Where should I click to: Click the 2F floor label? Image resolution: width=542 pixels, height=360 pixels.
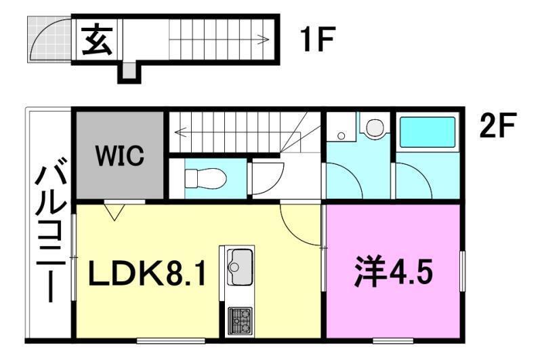pyautogui.click(x=499, y=126)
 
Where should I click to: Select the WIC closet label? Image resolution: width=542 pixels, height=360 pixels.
pyautogui.click(x=119, y=156)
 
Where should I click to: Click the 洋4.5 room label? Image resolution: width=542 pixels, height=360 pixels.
pyautogui.click(x=392, y=273)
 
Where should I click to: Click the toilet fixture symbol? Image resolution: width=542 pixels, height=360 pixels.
pyautogui.click(x=205, y=178)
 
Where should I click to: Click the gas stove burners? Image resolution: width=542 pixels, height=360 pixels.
pyautogui.click(x=239, y=319)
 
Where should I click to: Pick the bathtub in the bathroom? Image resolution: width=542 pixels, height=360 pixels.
pyautogui.click(x=428, y=134)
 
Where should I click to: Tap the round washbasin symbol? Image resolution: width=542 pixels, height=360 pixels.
pyautogui.click(x=373, y=127)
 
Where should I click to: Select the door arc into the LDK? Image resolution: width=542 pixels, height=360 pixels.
pyautogui.click(x=298, y=224)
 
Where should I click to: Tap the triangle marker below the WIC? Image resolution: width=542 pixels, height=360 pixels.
pyautogui.click(x=113, y=213)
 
